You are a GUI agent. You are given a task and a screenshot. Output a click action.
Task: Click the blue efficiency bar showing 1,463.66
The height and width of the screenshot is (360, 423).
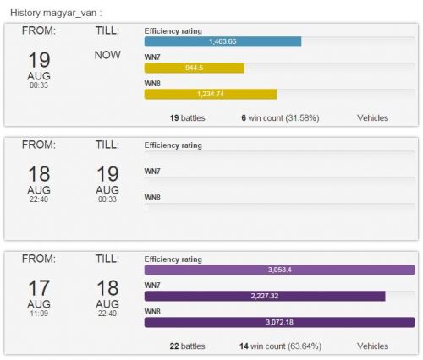[222, 41]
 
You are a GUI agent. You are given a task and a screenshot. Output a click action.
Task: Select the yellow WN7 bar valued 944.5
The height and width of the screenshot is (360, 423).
[195, 68]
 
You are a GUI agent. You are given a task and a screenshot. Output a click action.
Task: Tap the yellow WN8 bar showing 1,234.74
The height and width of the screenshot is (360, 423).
[211, 94]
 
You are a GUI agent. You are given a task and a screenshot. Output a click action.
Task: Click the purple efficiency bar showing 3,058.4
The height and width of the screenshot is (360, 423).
[279, 270]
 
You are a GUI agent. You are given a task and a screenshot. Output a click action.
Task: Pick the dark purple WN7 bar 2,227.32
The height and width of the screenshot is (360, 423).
[265, 296]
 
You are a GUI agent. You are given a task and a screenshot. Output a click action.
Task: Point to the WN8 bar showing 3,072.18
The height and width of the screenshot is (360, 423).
[279, 322]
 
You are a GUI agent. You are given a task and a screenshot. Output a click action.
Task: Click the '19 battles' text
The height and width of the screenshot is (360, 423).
[187, 118]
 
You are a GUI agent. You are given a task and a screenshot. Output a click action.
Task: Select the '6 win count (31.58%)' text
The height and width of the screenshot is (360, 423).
[280, 118]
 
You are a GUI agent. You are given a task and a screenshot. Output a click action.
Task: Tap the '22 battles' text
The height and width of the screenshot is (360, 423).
[187, 346]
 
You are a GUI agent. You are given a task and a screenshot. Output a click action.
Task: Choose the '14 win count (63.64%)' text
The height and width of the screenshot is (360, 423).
[280, 346]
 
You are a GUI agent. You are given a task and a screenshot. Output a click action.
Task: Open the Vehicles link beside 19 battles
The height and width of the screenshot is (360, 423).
[372, 118]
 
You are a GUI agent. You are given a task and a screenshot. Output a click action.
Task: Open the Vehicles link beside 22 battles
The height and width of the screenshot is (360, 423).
[372, 346]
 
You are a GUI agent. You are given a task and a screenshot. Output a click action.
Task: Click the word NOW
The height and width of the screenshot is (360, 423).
[107, 55]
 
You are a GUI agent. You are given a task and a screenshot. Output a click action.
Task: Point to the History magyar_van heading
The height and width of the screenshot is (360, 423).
[56, 13]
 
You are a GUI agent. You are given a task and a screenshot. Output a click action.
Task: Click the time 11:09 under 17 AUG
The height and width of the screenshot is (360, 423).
[39, 314]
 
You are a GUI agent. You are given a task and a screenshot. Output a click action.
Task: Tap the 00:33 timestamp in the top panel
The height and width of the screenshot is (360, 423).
[39, 85]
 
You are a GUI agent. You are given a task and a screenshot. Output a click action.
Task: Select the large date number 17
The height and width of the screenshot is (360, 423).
[39, 288]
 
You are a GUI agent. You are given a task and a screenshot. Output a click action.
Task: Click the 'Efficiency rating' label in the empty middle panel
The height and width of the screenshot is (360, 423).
[173, 145]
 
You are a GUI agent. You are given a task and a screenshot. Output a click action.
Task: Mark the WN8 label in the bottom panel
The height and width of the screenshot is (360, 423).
[152, 312]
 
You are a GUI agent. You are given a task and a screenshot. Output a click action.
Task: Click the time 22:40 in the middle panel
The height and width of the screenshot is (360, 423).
[39, 199]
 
